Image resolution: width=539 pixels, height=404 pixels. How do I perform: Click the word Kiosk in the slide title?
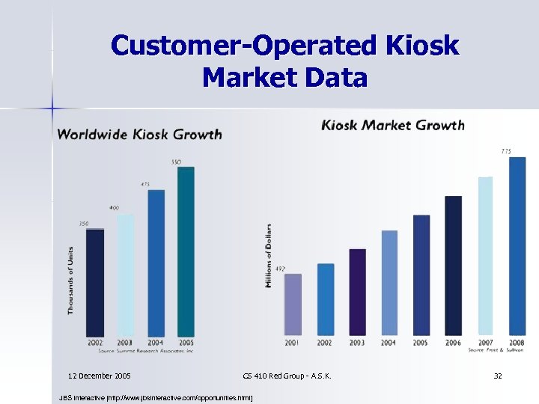(422, 46)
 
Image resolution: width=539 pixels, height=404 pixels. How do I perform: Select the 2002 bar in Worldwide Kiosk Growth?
(95, 282)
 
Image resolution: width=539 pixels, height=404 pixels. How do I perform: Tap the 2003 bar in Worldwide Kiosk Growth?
(125, 275)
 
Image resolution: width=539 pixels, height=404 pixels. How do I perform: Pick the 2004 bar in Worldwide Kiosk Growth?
(156, 263)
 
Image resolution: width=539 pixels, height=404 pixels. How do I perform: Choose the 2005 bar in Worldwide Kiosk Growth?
(186, 251)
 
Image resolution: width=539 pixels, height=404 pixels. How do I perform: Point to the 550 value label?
(176, 162)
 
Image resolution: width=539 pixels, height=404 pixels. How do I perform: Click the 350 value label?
(84, 224)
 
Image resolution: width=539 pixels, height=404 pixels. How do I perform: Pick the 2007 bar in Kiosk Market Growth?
(485, 256)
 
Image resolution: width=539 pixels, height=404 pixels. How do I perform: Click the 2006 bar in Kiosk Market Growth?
(453, 265)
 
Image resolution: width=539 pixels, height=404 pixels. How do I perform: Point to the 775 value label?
(506, 151)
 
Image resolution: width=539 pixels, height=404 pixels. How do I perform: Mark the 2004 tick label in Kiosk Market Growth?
(389, 342)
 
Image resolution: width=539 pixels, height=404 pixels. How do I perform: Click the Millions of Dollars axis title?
(268, 256)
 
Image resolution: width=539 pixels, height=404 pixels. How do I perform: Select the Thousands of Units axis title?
(71, 280)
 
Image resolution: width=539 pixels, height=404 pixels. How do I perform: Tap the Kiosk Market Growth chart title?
(393, 125)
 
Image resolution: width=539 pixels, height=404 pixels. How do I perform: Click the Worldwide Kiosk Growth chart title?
(140, 135)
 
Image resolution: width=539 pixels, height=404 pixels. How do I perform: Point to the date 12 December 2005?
(100, 374)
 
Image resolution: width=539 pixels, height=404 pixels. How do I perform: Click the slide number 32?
(497, 374)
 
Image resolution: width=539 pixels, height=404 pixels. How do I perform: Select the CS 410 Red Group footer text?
(287, 374)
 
